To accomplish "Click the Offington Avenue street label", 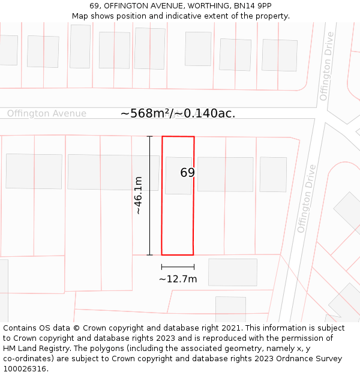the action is pyautogui.click(x=47, y=113).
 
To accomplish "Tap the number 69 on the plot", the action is pyautogui.click(x=187, y=173).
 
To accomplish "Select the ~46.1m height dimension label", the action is pyautogui.click(x=138, y=195).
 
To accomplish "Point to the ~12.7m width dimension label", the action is pyautogui.click(x=178, y=279).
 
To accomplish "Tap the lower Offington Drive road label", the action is pyautogui.click(x=306, y=199).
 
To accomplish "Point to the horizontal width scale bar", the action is pyautogui.click(x=178, y=266).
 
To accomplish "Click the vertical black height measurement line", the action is pyautogui.click(x=149, y=195).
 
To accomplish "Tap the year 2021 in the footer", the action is pyautogui.click(x=231, y=328).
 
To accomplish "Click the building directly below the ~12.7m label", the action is pyautogui.click(x=232, y=272).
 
